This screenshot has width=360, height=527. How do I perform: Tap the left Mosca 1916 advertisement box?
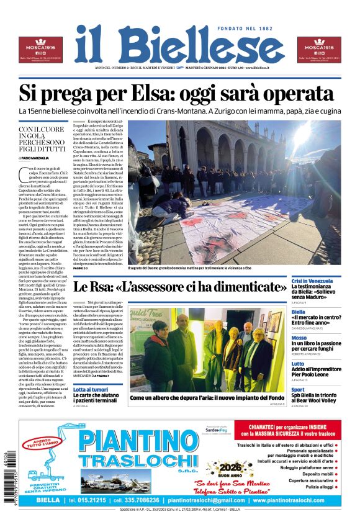40,50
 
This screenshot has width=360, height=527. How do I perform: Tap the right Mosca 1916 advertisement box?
319,50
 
